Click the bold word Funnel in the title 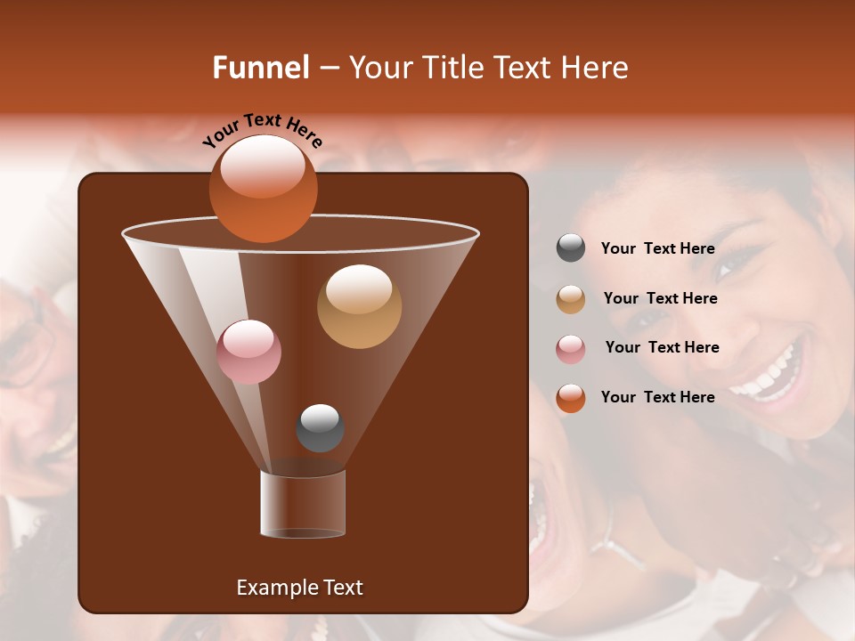[x=261, y=68]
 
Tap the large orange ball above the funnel [x=263, y=188]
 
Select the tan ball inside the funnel [x=359, y=306]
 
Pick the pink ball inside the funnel [x=248, y=352]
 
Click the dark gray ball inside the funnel [x=320, y=428]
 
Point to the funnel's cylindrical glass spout [x=303, y=504]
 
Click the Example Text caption [x=299, y=588]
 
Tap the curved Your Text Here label [x=262, y=130]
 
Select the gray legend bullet [x=571, y=248]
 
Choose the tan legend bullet [x=571, y=299]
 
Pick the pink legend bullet [x=571, y=349]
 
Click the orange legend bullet [x=571, y=398]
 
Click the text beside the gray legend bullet [x=657, y=249]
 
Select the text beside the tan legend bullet [x=660, y=299]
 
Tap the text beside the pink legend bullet [x=662, y=348]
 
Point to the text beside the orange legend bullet [x=657, y=397]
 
